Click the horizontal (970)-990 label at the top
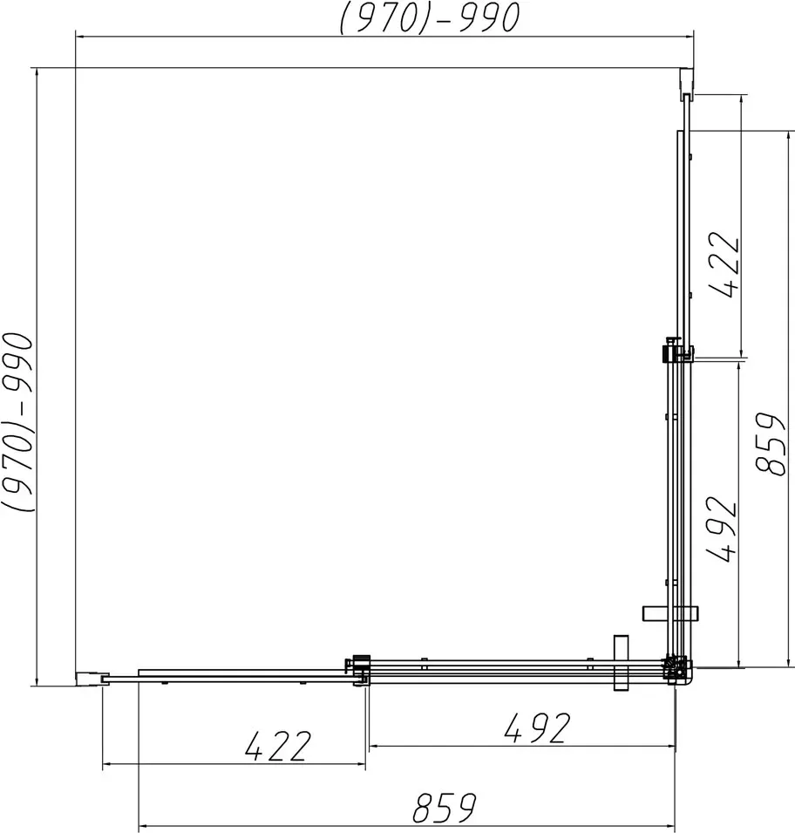(429, 17)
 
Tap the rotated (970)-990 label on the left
(18, 422)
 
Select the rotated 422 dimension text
(725, 264)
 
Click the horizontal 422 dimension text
(277, 746)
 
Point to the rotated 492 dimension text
(722, 529)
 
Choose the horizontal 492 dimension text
(537, 727)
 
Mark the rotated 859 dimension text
(770, 443)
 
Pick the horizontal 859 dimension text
(445, 808)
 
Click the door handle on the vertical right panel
(670, 613)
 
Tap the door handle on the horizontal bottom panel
(621, 663)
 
